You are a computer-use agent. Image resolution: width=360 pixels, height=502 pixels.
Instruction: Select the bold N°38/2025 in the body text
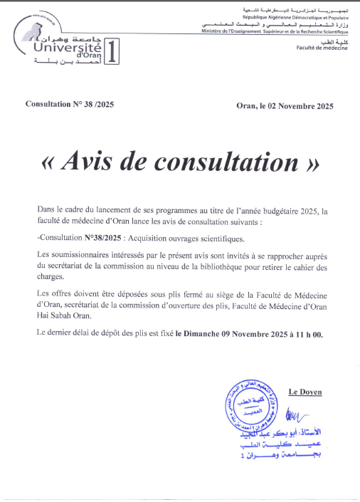105,238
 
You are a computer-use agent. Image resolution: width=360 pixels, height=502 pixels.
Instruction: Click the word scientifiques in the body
216,238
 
